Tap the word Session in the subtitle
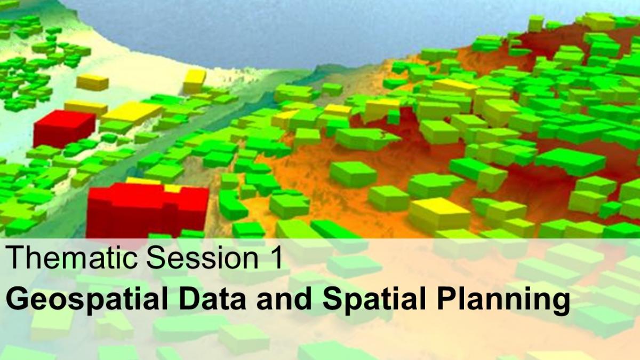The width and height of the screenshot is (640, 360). coord(203,258)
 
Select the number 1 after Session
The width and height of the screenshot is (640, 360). coord(276,258)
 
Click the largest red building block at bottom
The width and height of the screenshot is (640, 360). coord(148,210)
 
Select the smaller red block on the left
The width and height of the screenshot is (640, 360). coord(63,129)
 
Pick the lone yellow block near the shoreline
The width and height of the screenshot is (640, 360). coord(194,81)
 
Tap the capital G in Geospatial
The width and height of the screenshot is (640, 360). coord(17,299)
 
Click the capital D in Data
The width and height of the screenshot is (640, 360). coord(190,299)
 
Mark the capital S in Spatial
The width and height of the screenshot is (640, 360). coord(333,299)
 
